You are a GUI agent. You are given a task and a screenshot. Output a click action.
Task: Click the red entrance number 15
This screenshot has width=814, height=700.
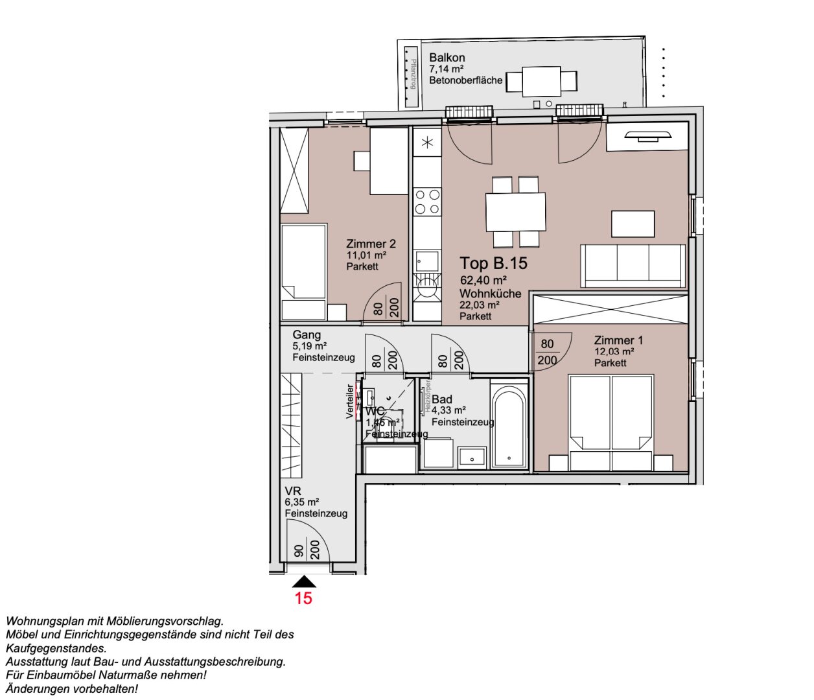303,598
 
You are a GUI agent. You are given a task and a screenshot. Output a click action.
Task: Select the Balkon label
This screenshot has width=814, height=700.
447,58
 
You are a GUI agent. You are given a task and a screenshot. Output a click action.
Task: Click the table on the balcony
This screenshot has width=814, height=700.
541,81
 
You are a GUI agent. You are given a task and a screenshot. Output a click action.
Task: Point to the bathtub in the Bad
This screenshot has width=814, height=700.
509,425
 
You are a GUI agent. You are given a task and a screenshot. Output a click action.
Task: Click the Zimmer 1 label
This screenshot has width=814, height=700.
618,340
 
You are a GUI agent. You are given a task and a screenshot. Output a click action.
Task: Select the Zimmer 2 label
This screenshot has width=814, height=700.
371,244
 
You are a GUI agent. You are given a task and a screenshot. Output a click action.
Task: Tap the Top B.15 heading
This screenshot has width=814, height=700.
493,263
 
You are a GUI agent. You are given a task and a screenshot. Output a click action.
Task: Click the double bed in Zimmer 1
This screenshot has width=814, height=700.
610,421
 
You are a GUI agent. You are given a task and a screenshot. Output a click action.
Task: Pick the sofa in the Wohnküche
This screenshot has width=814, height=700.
633,266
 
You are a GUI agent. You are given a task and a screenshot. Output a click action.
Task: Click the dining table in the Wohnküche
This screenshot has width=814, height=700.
515,212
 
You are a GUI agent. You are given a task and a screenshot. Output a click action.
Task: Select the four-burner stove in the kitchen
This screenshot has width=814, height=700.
427,201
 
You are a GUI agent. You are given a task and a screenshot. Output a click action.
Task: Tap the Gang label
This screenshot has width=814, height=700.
307,334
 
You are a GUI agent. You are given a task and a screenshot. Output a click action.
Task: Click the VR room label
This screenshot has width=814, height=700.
293,491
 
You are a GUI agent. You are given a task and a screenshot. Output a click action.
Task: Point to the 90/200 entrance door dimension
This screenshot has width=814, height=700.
307,550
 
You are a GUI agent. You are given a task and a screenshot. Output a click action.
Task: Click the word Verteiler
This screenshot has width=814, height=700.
350,401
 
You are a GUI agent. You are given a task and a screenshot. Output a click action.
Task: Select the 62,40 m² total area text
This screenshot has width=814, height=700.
483,280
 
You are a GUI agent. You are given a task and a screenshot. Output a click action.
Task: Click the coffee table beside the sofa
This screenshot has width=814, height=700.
633,224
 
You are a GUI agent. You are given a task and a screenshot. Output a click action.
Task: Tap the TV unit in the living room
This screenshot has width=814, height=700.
647,136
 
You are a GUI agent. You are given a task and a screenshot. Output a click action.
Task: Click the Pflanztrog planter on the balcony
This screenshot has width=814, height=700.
410,76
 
